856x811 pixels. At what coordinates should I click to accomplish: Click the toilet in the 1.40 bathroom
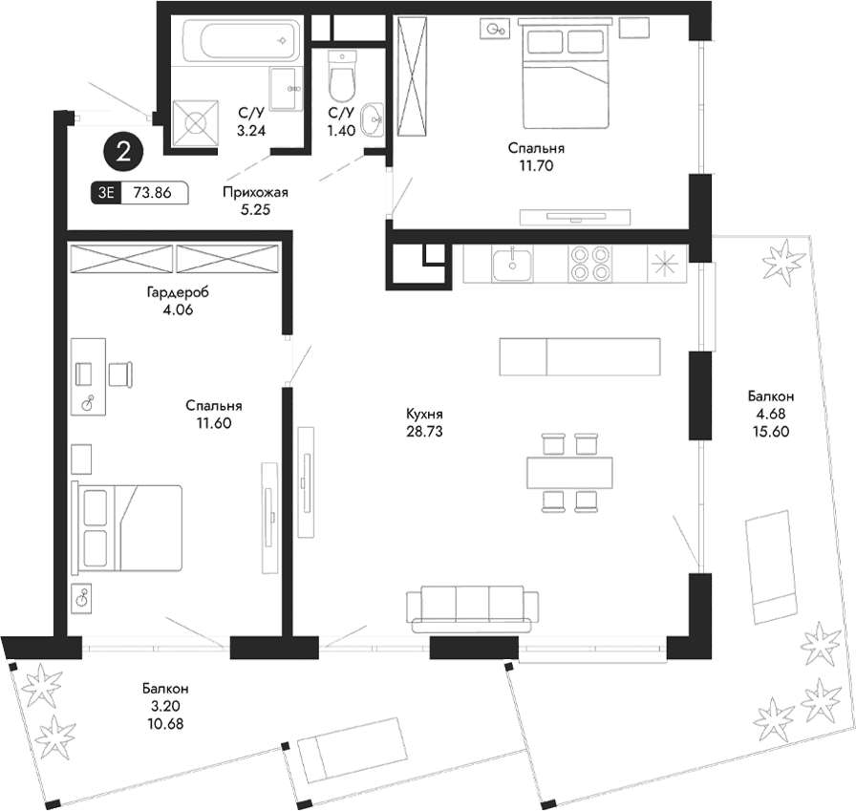(341, 75)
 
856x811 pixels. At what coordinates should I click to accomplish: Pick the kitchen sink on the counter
(513, 264)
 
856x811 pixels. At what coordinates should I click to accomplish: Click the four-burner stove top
(589, 264)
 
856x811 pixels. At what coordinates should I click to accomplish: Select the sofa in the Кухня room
(467, 608)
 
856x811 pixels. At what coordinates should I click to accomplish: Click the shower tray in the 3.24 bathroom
(196, 123)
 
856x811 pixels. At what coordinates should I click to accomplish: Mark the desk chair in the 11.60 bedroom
(120, 373)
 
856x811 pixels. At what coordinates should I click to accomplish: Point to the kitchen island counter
(579, 356)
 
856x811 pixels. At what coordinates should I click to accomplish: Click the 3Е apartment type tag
(105, 192)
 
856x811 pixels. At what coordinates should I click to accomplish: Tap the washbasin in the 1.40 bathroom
(373, 122)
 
